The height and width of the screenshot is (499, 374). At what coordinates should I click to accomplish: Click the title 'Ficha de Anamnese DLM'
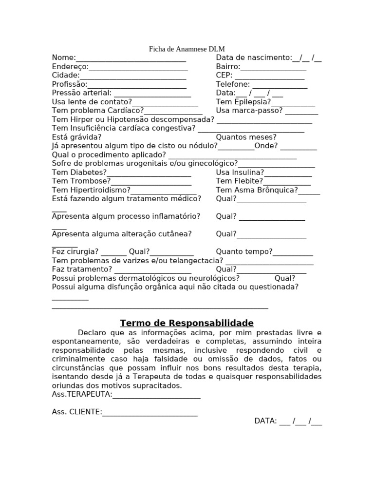tap(187, 49)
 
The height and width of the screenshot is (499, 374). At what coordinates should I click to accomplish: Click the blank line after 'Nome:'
tap(131, 59)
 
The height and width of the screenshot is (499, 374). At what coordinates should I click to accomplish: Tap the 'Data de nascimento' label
tap(254, 58)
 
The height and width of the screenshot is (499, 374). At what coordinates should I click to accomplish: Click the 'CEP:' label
tap(224, 76)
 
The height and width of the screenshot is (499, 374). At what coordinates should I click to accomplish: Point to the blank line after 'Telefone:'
tap(279, 85)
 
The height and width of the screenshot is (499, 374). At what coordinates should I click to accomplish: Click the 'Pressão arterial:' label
tap(82, 93)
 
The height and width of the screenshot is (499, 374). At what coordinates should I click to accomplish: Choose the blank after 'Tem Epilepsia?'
tap(293, 103)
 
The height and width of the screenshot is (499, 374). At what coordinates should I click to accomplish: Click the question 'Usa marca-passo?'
tap(249, 111)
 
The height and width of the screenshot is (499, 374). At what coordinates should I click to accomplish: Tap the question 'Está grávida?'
tap(77, 137)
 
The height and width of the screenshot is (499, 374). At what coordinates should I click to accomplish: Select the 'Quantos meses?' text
tap(246, 137)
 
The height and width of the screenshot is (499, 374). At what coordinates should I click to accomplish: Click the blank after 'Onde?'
tap(299, 147)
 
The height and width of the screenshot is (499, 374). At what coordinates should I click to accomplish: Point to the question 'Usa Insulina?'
tap(240, 173)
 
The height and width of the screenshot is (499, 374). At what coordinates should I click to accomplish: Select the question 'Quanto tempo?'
tap(244, 252)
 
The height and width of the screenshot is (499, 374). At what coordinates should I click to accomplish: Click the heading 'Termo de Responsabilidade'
tap(187, 323)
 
